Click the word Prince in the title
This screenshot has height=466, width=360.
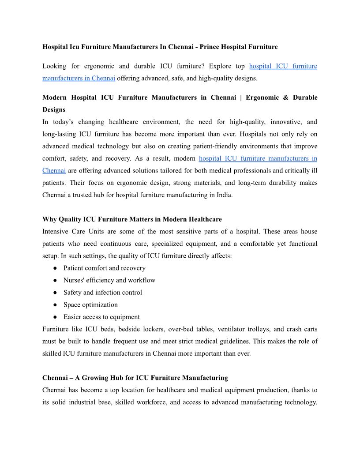pos(208,47)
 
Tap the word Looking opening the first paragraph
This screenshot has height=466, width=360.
pos(54,66)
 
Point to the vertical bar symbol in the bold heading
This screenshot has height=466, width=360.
pos(241,98)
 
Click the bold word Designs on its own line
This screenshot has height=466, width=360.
pos(54,109)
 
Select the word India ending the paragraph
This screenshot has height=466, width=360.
pos(222,195)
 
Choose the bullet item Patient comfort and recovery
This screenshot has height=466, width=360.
pos(104,268)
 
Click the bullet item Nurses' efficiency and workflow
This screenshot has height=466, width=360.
pos(109,280)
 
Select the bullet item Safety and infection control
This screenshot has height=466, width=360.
pos(102,292)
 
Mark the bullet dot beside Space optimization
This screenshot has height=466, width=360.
pos(55,305)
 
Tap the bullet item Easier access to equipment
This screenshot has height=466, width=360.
pos(101,317)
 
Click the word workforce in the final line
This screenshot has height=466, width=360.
pos(159,402)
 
